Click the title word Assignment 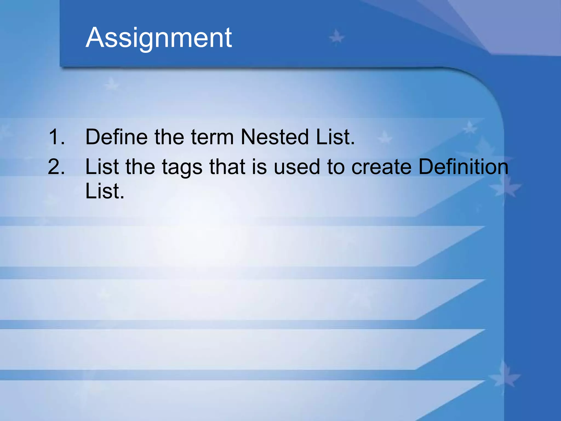click(159, 38)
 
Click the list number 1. click(56, 137)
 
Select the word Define click(116, 137)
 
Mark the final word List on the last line click(105, 191)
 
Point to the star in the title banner click(336, 37)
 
